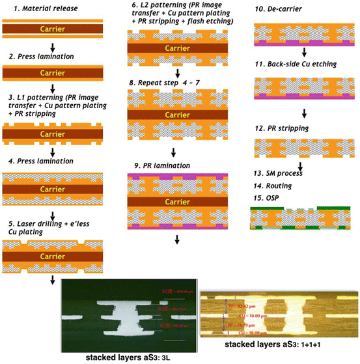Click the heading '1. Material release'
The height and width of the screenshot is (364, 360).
point(42,8)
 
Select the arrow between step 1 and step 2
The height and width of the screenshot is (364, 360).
point(51,46)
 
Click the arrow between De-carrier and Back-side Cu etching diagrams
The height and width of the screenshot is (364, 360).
point(304,55)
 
